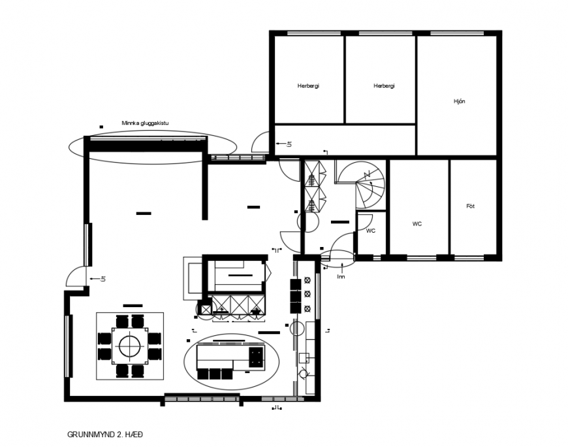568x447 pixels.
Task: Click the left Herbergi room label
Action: (308, 86)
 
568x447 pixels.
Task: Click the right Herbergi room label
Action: (384, 86)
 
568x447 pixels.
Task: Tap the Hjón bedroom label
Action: (459, 101)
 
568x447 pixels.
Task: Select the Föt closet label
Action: (470, 206)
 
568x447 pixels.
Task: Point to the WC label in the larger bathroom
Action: (417, 223)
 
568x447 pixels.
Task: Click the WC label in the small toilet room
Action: (370, 231)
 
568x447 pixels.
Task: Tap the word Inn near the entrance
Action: (340, 276)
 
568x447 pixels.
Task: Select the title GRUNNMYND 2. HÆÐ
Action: (104, 434)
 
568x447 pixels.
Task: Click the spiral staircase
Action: (366, 185)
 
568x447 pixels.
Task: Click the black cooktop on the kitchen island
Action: (256, 356)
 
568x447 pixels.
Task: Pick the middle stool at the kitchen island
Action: (215, 374)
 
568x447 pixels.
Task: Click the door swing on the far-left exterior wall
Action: (76, 276)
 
